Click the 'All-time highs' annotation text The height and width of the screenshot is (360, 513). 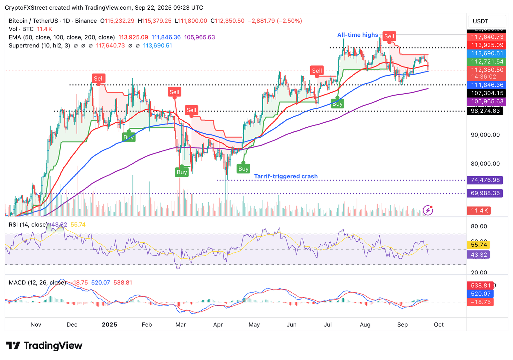pos(357,35)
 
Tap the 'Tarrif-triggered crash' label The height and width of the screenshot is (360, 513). pos(286,176)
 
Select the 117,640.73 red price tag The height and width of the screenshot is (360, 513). pos(487,37)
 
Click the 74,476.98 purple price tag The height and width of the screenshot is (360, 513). pos(485,180)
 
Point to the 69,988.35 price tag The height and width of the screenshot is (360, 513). pos(485,193)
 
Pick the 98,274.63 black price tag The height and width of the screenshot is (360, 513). pos(485,111)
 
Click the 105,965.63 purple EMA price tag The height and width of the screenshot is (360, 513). pos(487,102)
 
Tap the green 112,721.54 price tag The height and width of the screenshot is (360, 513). pos(487,62)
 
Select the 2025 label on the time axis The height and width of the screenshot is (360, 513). pos(109,325)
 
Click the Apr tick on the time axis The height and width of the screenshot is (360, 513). pos(218,325)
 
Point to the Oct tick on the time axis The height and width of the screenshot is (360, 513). pos(439,325)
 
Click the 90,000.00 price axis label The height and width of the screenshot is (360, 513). pos(485,135)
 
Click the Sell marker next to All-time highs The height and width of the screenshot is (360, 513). pos(389,36)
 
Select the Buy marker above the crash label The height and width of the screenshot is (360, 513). pos(243,169)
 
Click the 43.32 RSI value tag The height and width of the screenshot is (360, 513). pos(479,255)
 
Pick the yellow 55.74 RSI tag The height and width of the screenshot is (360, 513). pos(479,245)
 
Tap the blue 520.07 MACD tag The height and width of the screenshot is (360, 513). pos(480,294)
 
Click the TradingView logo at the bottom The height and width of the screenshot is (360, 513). pos(44,345)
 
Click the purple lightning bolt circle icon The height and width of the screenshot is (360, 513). pos(428,210)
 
